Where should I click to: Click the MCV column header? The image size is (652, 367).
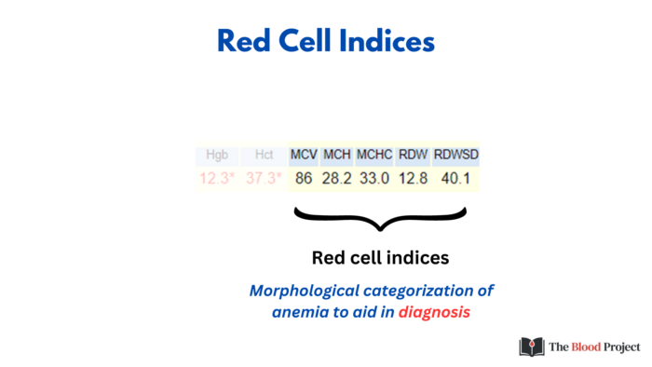tap(304, 154)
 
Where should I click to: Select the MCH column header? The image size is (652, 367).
tap(336, 154)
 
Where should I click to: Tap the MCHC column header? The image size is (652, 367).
tap(374, 154)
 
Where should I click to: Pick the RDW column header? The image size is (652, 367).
tap(413, 154)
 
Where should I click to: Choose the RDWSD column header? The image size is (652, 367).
tap(456, 154)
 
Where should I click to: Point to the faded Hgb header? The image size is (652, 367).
tap(215, 154)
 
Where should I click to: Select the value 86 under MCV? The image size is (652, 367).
tap(305, 178)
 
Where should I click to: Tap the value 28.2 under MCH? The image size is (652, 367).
tap(336, 178)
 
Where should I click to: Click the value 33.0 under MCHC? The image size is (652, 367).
tap(374, 178)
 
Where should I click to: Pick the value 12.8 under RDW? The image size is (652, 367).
tap(413, 178)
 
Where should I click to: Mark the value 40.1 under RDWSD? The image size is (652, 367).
tap(455, 178)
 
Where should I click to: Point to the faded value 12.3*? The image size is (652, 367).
tap(216, 178)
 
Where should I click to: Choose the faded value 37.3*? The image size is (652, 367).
tap(263, 178)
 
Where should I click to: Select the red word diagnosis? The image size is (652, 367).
tap(434, 312)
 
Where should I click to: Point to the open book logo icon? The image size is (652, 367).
tap(531, 347)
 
